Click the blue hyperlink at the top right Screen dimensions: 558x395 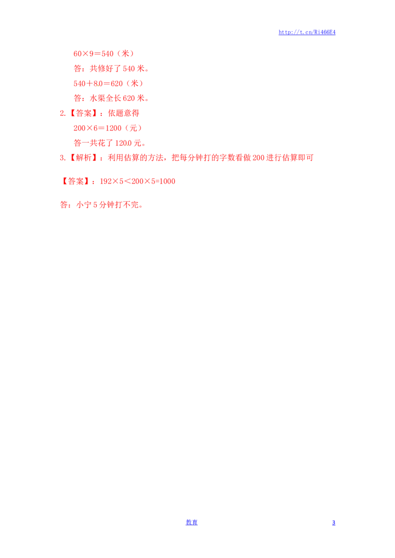(307, 33)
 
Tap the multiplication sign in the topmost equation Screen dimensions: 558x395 (85, 53)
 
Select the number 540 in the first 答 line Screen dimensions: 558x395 (128, 69)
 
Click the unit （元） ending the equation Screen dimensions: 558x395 (133, 128)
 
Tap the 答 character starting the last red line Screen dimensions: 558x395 (63, 205)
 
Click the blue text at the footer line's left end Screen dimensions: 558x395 (192, 522)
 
